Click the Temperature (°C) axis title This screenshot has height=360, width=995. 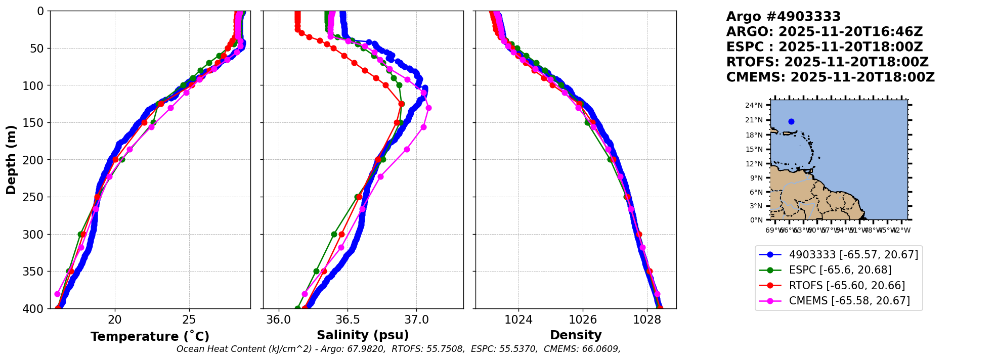point(150,337)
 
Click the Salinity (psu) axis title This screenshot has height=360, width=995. point(363,335)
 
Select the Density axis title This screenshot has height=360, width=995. point(576,335)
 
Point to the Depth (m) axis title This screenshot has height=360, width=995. point(11,160)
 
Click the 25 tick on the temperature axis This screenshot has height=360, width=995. point(189,320)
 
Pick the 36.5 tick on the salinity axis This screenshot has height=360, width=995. point(348,320)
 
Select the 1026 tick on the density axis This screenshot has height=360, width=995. point(583,320)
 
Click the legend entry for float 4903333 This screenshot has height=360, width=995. point(853,255)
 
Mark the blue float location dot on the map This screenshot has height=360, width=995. point(791,121)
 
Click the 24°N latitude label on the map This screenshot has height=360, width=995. point(754,105)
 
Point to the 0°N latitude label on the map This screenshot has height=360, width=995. point(756,220)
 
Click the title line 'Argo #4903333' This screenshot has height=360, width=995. point(783,17)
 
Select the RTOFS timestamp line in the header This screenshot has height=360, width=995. point(827,62)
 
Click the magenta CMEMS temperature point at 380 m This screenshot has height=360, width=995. point(58,294)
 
